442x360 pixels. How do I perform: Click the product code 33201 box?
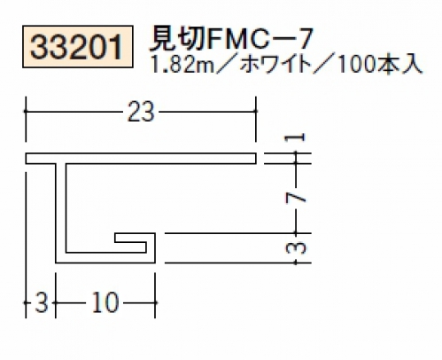point(78,47)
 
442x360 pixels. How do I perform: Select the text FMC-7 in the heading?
point(260,39)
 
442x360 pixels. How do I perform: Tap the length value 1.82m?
point(182,65)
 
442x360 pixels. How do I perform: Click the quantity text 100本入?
point(379,65)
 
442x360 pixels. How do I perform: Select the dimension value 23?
point(141,112)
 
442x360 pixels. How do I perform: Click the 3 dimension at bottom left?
point(42,302)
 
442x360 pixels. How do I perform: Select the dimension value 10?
point(105,302)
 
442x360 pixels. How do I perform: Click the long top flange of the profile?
point(141,159)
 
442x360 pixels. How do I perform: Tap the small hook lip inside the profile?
point(136,238)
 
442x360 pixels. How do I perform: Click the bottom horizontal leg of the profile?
point(105,258)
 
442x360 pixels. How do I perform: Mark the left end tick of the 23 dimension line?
point(26,111)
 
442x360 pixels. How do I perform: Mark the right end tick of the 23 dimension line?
point(256,111)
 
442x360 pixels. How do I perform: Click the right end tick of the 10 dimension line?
point(155,302)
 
